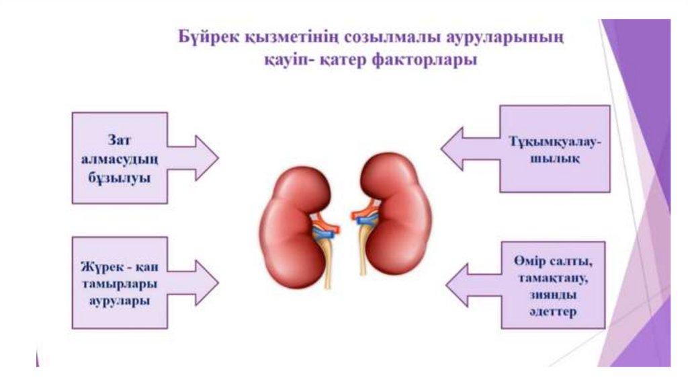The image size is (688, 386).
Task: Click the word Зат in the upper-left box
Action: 119,139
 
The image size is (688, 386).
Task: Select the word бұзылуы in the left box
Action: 119,178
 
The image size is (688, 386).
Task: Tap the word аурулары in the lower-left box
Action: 120,301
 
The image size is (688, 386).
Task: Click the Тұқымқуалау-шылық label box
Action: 555,149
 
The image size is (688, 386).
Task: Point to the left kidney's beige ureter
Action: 327,266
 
